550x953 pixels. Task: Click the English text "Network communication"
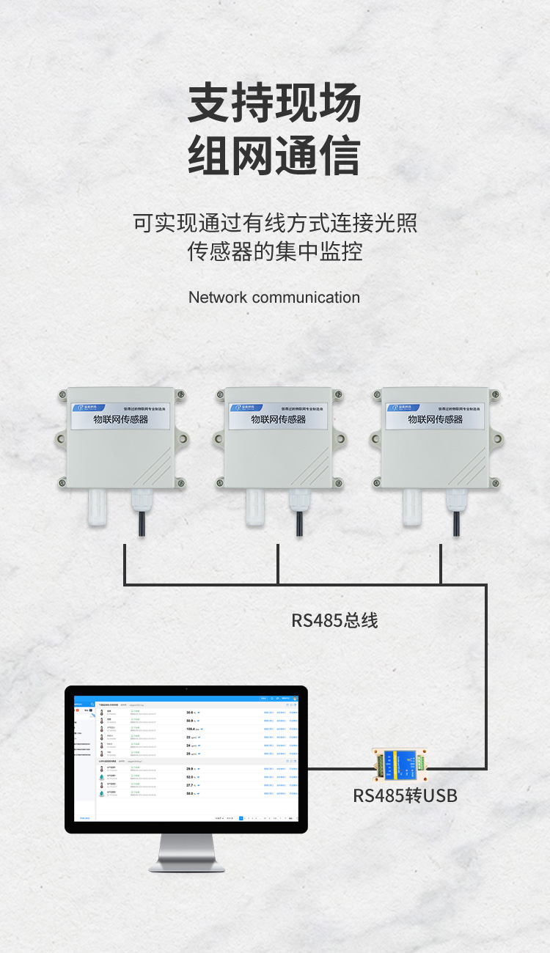(274, 298)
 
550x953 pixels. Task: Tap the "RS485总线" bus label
(334, 620)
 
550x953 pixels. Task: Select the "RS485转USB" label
(405, 795)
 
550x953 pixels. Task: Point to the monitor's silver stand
(186, 853)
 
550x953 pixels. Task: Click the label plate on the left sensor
(120, 415)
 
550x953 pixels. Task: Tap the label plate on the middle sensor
(278, 415)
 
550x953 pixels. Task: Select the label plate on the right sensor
(435, 415)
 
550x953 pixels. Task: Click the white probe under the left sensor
(98, 507)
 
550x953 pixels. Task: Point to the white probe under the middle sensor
(255, 507)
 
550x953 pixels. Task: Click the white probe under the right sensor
(413, 507)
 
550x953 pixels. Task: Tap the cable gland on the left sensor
(140, 502)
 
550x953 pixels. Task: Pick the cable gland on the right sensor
(455, 502)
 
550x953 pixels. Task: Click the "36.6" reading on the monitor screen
(190, 713)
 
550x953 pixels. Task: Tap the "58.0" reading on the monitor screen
(190, 793)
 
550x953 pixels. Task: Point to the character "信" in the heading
(339, 155)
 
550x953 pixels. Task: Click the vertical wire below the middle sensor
(278, 564)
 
